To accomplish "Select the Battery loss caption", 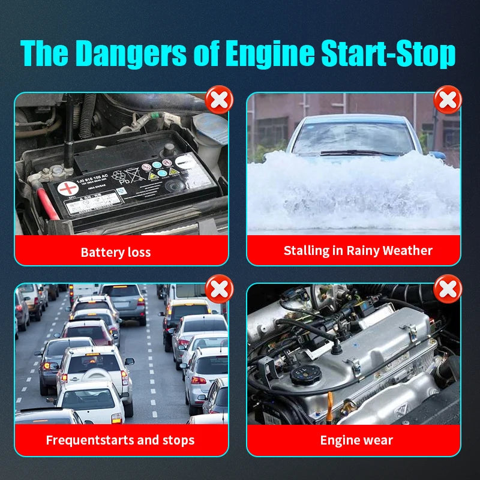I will [x=116, y=252].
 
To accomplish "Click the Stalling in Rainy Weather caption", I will [x=358, y=250].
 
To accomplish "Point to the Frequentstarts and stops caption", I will [x=120, y=440].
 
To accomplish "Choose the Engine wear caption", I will [x=356, y=440].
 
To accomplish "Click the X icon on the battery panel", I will [x=219, y=100].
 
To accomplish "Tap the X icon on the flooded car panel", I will [x=447, y=100].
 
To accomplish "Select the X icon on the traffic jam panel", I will [x=219, y=289].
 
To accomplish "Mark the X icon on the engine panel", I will [x=447, y=289].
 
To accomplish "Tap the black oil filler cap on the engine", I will [x=304, y=375].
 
